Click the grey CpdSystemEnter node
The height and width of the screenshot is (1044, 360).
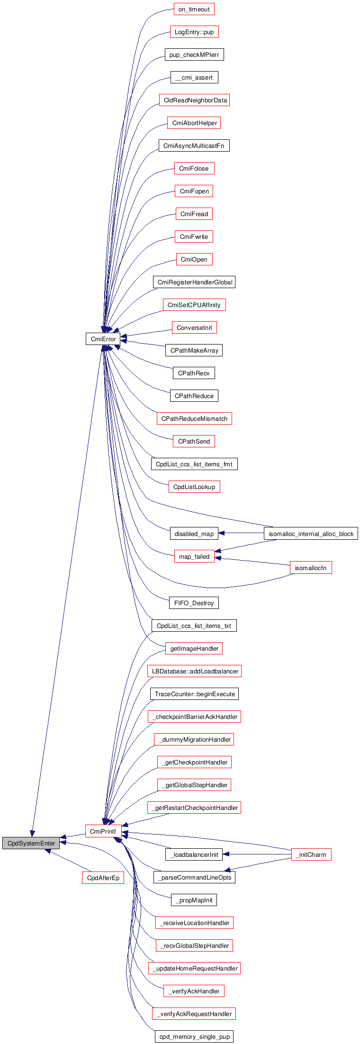pos(31,843)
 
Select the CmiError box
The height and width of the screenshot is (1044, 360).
pos(103,339)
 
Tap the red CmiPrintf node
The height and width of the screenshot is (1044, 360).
pos(103,831)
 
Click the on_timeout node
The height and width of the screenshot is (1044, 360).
pos(194,9)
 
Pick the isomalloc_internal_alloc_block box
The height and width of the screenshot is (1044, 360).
pos(311,534)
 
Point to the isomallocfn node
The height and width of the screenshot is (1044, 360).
pos(310,568)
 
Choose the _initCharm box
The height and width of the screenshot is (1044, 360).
pos(311,854)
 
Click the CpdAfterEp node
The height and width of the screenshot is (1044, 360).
pos(103,878)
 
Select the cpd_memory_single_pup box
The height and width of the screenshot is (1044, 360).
pos(194,1036)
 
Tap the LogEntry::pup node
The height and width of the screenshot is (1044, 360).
pos(194,32)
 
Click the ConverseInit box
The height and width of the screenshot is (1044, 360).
pos(194,327)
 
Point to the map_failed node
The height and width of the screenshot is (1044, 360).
pos(194,556)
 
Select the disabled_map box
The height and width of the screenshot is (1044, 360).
pos(194,534)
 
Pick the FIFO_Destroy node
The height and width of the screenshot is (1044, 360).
pos(194,603)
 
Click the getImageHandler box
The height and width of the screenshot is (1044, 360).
pos(194,648)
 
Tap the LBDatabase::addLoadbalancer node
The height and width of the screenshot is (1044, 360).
pos(194,671)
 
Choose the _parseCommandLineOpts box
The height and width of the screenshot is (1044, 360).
pos(194,877)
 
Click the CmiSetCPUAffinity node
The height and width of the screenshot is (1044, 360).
pos(194,305)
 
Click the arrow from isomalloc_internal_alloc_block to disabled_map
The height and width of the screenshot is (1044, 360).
pos(241,533)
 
